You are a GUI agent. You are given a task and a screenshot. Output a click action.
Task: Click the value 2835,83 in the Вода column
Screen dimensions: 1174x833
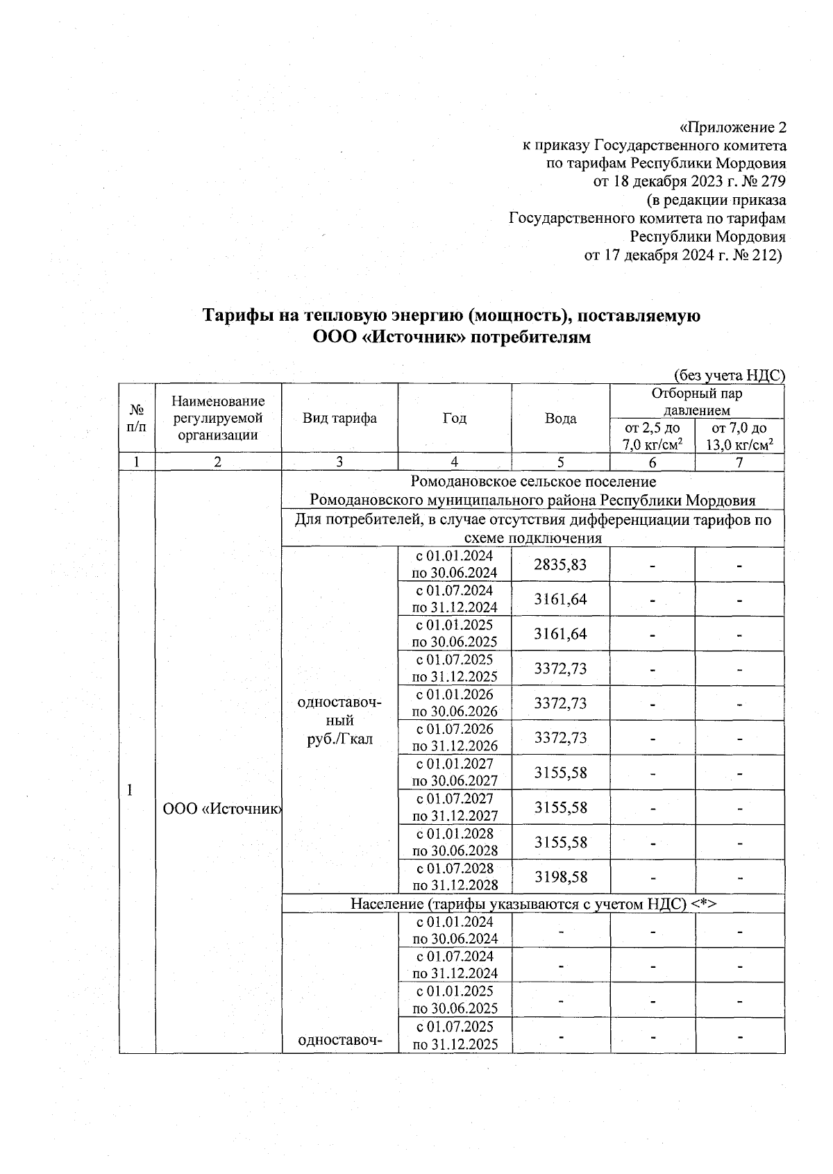tap(559, 564)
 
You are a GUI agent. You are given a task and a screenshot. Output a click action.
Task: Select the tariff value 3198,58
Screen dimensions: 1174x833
tap(559, 877)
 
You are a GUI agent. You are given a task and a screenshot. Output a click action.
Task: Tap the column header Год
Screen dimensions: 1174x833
tap(454, 418)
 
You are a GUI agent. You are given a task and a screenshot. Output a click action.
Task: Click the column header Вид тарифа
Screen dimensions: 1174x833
tap(339, 418)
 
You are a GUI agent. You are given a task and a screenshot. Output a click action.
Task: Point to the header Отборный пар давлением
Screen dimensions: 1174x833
tap(696, 401)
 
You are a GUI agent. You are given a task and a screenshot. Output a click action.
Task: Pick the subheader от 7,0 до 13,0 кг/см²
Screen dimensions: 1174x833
tap(739, 437)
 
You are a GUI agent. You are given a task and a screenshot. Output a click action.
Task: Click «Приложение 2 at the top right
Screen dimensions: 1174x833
tap(732, 128)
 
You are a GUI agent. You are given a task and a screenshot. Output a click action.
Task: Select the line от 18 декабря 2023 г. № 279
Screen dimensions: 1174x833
tap(689, 182)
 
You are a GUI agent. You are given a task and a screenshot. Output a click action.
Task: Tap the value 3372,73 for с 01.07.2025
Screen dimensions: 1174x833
tap(559, 669)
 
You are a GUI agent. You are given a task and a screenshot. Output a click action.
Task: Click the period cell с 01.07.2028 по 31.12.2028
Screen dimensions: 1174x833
tap(455, 877)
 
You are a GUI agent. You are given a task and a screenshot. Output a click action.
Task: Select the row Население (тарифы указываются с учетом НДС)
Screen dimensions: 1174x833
tap(532, 903)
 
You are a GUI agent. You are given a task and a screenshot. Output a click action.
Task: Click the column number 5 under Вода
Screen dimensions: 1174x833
tap(560, 462)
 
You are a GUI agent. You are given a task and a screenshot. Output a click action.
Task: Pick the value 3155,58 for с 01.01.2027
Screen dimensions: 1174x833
tap(559, 773)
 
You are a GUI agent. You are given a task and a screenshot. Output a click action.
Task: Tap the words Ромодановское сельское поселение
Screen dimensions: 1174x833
tap(532, 482)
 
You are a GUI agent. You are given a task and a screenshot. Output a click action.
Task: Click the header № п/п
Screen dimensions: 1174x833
tap(137, 418)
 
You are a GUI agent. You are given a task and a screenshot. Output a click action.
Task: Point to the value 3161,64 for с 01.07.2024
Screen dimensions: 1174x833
tap(559, 599)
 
